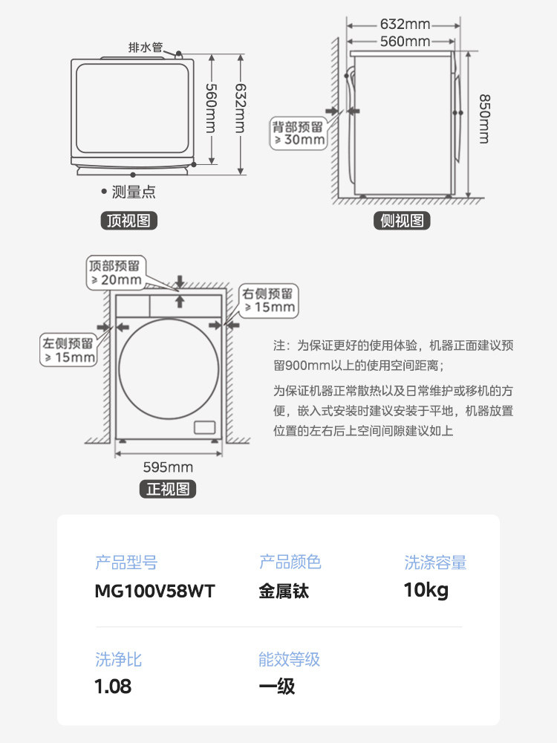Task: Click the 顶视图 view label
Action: coord(129,221)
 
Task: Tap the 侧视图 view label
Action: coord(402,221)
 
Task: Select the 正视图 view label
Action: coord(168,489)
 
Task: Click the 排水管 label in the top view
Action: coord(145,48)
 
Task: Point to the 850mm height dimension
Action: coord(483,118)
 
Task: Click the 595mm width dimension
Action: coord(168,467)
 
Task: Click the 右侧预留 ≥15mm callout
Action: coord(268,300)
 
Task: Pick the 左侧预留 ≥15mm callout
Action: coord(69,350)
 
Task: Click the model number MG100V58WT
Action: coord(155,591)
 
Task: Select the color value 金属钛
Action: coord(284,591)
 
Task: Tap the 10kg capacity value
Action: coord(426,591)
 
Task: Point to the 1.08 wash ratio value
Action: coord(113,686)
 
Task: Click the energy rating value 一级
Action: coord(276,686)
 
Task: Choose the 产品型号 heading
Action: coord(126,562)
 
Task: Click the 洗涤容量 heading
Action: coord(435,562)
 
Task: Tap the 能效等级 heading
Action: coord(290,659)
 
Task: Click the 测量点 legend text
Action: coord(133,192)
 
